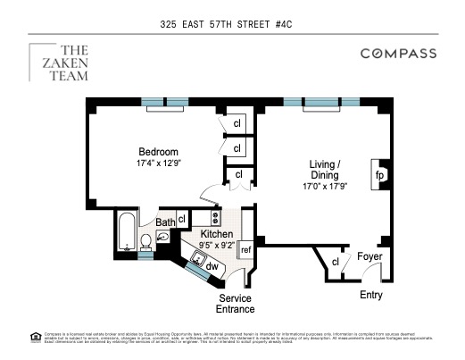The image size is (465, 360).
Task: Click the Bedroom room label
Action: tap(158, 151)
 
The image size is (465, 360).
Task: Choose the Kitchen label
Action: tap(216, 234)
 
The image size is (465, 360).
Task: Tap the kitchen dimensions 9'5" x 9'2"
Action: tap(216, 246)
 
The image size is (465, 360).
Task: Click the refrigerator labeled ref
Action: tap(245, 250)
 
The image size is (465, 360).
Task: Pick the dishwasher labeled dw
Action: tap(212, 265)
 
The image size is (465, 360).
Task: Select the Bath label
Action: tap(165, 222)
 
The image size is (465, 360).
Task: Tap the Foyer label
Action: tap(370, 258)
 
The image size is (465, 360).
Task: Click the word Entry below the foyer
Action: tap(371, 294)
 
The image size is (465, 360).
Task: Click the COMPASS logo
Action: tap(398, 54)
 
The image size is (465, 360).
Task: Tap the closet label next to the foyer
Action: tap(336, 262)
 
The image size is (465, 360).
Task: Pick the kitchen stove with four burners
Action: tap(216, 217)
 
